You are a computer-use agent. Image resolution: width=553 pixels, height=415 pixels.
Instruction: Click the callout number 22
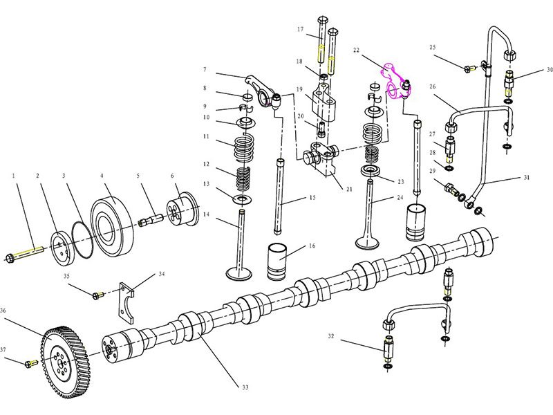357,50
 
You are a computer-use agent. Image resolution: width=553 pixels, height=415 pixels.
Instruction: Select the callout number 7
205,70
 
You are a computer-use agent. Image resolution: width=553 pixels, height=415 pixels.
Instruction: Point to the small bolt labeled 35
96,295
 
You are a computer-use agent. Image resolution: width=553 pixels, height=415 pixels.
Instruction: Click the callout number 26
432,87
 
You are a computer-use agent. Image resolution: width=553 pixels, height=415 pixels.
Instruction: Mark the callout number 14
205,215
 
